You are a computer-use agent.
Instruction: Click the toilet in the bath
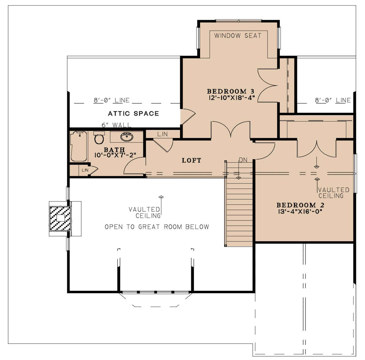tap(99, 138)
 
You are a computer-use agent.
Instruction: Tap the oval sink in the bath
tap(127, 137)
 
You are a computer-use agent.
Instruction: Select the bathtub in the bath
tap(78, 146)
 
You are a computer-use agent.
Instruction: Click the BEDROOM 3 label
tap(231, 91)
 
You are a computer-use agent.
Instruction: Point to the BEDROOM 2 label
tap(301, 205)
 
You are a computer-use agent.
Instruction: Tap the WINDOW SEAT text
tap(238, 36)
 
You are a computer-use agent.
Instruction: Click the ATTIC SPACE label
tap(133, 114)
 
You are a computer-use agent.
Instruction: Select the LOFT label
tap(191, 160)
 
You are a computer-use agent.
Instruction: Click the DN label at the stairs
tap(243, 160)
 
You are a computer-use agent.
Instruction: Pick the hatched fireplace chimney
tap(60, 219)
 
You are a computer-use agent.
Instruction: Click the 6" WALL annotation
tap(116, 125)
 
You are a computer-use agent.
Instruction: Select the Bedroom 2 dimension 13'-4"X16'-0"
tap(300, 211)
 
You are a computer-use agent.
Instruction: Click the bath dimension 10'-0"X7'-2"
tap(115, 155)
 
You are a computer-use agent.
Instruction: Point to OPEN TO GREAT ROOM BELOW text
tap(157, 227)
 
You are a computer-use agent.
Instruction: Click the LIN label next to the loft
tap(162, 134)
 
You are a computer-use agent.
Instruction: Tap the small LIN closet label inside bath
tap(85, 170)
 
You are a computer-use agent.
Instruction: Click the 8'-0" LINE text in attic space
tap(112, 100)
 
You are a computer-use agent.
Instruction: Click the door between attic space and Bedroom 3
tap(188, 117)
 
